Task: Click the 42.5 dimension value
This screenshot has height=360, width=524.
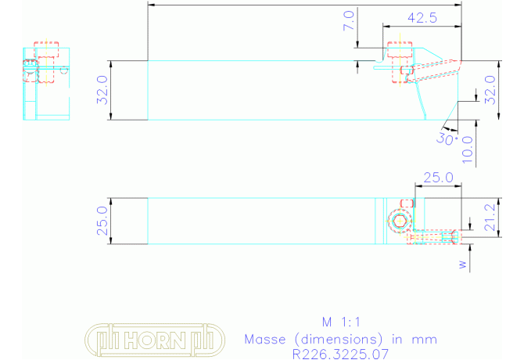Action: (422, 18)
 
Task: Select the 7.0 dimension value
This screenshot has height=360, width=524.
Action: (349, 20)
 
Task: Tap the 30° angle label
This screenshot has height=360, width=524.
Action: (447, 139)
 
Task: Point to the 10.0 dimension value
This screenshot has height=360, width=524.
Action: (468, 149)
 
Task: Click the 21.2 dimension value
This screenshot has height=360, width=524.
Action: (490, 218)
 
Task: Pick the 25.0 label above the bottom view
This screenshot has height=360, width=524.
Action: (439, 178)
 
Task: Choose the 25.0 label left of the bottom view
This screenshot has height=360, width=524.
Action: (102, 221)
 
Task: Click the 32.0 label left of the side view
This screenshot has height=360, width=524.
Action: (102, 90)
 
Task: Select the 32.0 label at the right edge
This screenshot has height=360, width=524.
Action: (490, 90)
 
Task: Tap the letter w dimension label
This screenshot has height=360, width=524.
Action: (462, 265)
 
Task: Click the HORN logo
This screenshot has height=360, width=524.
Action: (155, 340)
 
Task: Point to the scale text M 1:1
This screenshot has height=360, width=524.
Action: (341, 322)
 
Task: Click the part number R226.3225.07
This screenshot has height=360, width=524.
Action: (340, 354)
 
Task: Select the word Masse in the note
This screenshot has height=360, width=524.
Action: (265, 340)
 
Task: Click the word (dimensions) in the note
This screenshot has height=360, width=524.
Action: (339, 340)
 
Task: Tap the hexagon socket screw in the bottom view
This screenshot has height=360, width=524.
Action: (400, 221)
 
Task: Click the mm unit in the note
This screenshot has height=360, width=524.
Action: (425, 340)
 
